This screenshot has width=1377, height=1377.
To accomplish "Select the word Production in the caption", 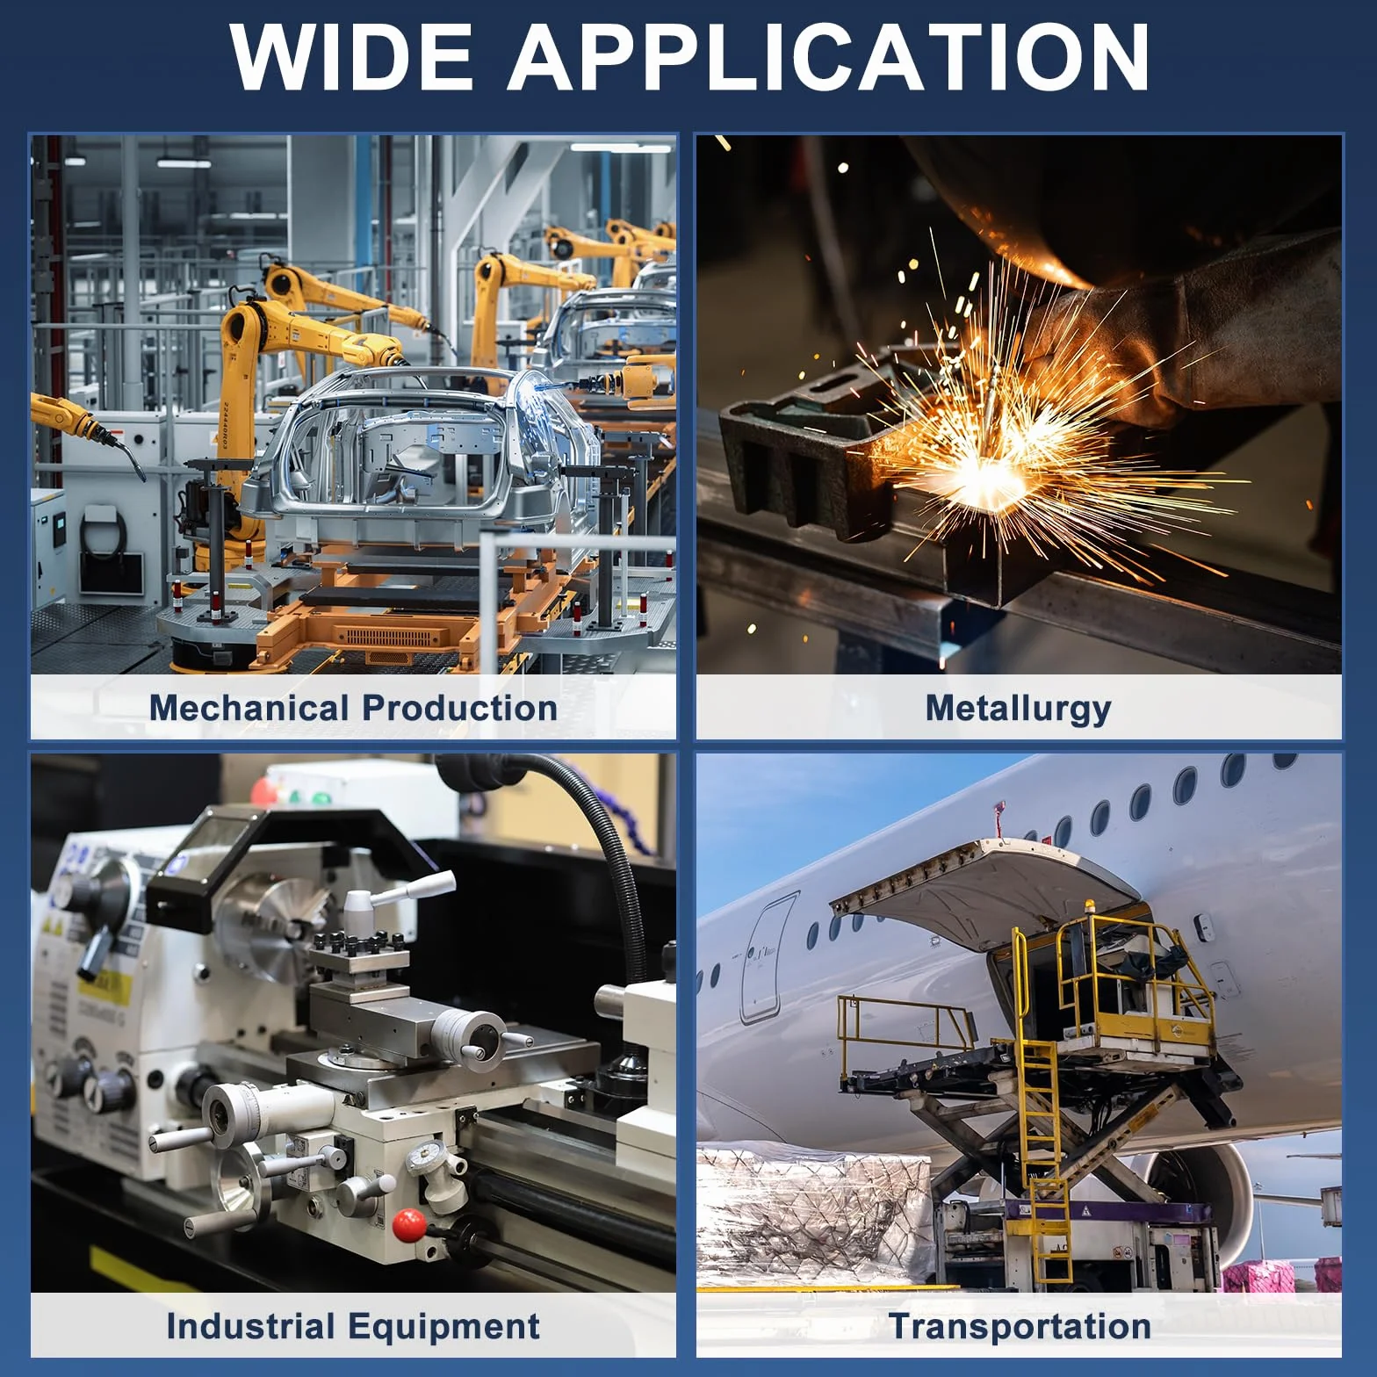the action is coord(459,708).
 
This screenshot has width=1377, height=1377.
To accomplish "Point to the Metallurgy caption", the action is coord(1019,709).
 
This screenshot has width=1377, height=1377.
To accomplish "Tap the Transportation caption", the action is coord(1020,1326).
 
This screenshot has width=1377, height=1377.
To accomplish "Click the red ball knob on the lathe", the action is coord(409,1225).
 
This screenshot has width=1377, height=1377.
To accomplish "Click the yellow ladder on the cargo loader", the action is coord(1047,1159).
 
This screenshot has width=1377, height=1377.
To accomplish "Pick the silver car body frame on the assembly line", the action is coord(422,457).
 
